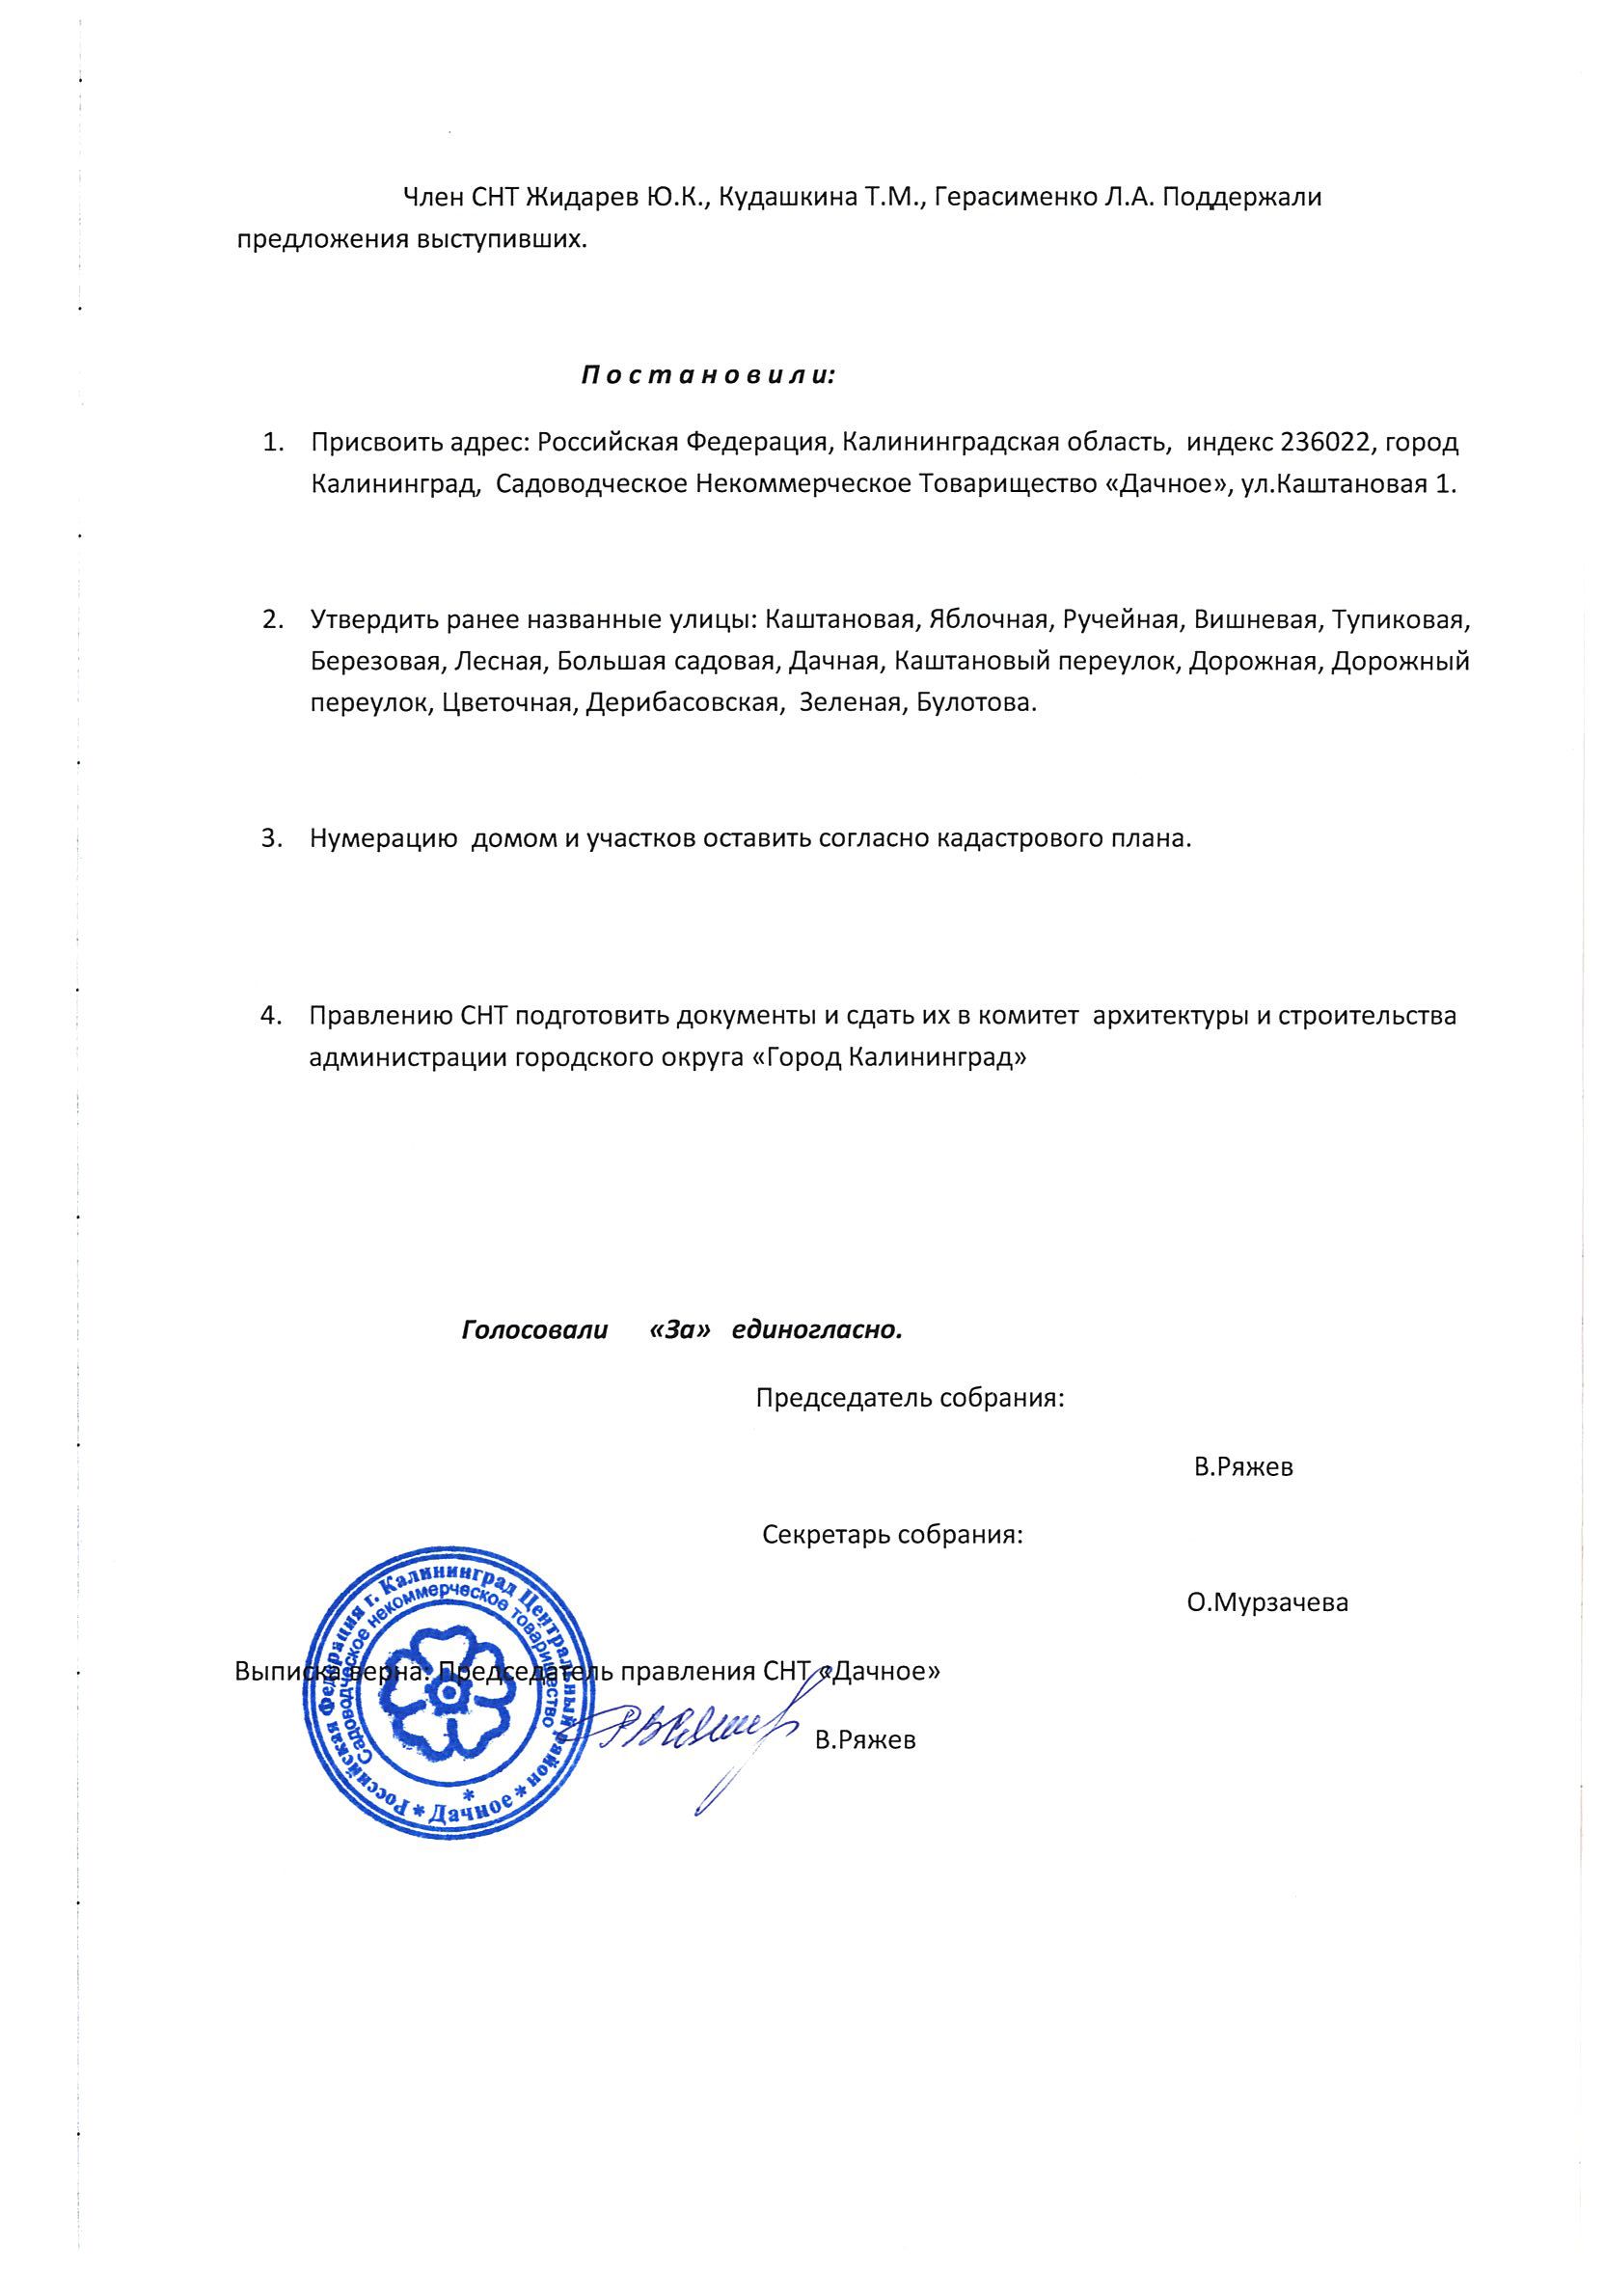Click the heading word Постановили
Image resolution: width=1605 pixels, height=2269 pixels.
pyautogui.click(x=708, y=376)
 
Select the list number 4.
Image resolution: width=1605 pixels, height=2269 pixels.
pyautogui.click(x=270, y=1016)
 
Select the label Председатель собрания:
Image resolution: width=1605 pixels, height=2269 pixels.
pyautogui.click(x=910, y=1400)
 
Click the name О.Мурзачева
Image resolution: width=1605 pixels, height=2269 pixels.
pyautogui.click(x=1267, y=1603)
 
